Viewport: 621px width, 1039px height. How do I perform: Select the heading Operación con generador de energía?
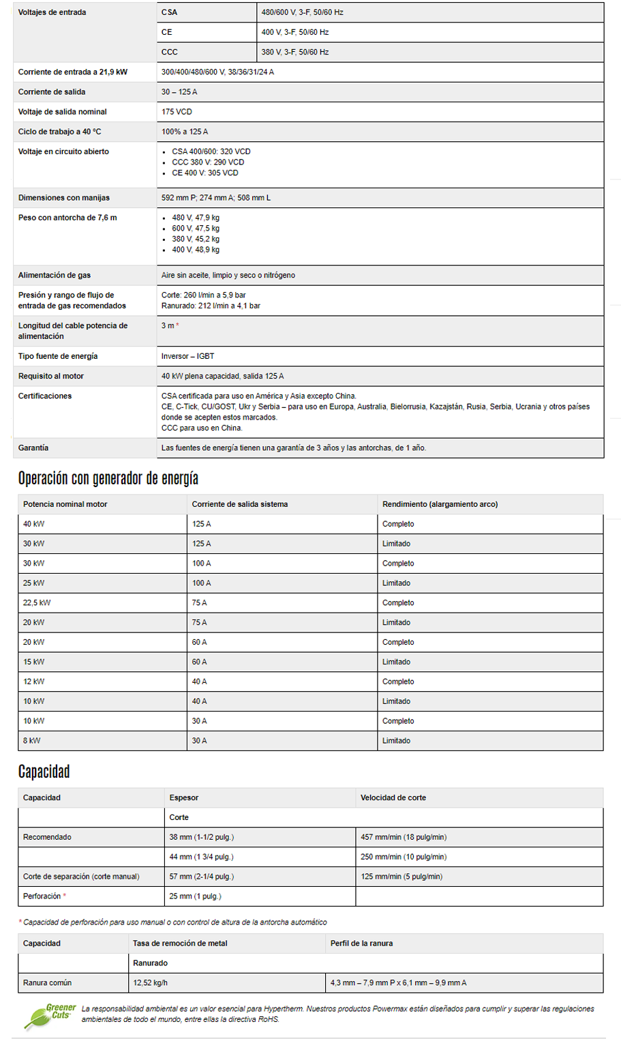tap(108, 478)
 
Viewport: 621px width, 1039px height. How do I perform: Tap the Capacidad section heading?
tap(44, 772)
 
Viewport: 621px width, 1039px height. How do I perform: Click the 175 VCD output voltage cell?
tap(177, 112)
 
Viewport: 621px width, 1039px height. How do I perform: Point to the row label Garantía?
tap(33, 448)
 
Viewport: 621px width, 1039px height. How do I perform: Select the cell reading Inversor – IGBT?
tap(188, 356)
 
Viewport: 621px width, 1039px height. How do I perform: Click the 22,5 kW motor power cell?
tap(37, 603)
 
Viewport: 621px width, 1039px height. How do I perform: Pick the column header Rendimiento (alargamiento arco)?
tap(440, 504)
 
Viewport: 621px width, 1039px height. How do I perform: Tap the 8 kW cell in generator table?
tap(31, 741)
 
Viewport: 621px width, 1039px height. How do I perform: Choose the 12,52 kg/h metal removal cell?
tap(151, 983)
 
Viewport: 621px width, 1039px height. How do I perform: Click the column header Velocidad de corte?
tap(393, 797)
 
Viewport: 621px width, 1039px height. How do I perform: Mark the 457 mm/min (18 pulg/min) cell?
tap(404, 837)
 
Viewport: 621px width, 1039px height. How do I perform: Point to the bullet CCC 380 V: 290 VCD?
tap(208, 162)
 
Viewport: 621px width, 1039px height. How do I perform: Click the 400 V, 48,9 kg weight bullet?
tap(196, 250)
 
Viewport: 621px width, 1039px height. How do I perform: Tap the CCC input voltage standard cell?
tap(170, 52)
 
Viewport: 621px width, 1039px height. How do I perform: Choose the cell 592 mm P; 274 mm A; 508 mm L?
tap(216, 198)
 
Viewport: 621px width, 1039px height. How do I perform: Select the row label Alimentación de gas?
tap(55, 276)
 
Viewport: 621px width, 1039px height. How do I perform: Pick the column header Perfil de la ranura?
tap(361, 943)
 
